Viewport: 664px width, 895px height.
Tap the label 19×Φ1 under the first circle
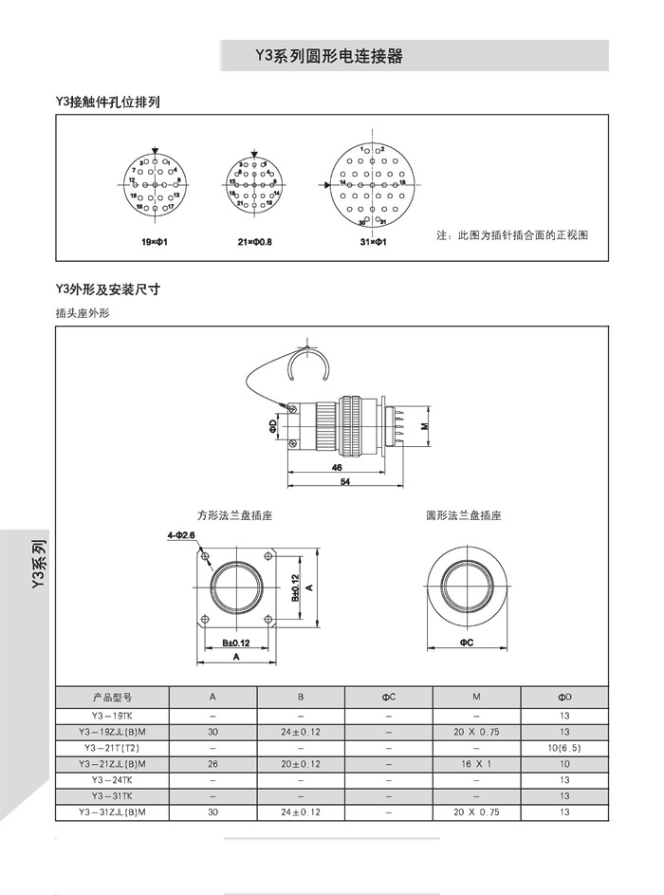(x=154, y=243)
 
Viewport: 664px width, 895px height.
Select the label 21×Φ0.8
(x=254, y=243)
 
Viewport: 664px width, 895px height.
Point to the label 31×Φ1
(x=374, y=243)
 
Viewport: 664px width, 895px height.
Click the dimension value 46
(x=337, y=469)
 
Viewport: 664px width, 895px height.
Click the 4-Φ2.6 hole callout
(x=180, y=535)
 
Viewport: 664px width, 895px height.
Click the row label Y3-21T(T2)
(x=112, y=748)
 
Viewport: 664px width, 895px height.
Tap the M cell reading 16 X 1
(x=475, y=764)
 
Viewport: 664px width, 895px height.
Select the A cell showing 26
(x=212, y=764)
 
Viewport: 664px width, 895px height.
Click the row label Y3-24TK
(x=112, y=780)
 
